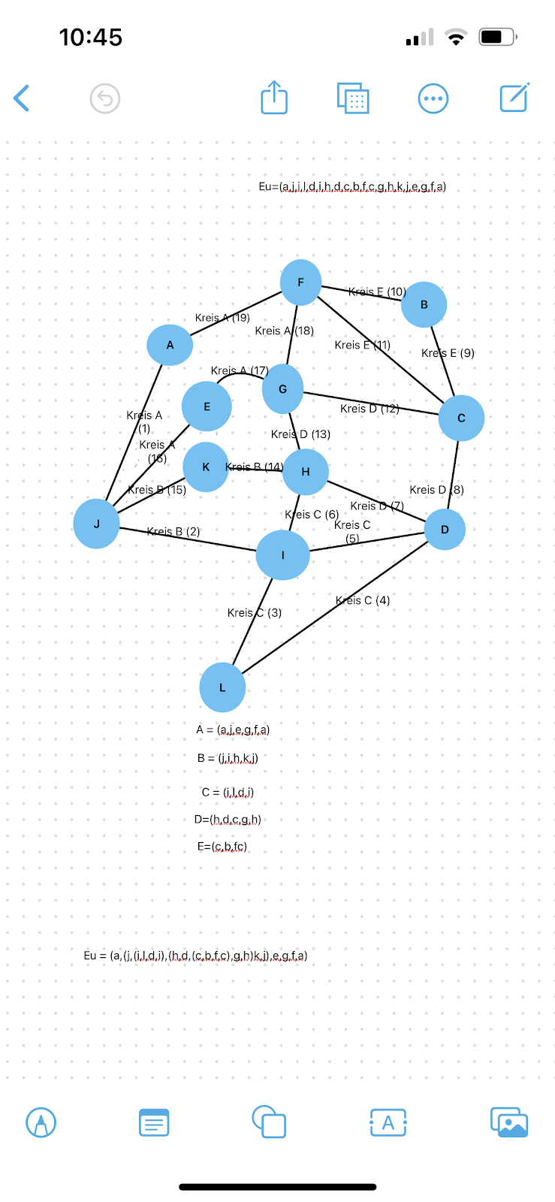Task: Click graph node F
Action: (x=300, y=282)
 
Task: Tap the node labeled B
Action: (x=424, y=305)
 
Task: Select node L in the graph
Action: (x=222, y=687)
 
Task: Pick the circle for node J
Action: (x=96, y=524)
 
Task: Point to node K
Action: (x=206, y=467)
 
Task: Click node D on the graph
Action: (x=445, y=530)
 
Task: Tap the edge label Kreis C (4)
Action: (x=363, y=600)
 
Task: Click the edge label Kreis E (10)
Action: (x=377, y=291)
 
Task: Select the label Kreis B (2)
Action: (x=173, y=532)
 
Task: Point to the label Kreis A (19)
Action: (x=222, y=318)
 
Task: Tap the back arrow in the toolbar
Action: (x=22, y=98)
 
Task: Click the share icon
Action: (x=274, y=98)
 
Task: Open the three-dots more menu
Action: (x=433, y=98)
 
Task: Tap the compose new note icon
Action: (x=514, y=98)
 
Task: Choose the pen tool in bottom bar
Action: (x=41, y=1123)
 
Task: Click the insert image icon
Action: (x=509, y=1123)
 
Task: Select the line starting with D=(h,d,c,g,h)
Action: (x=228, y=820)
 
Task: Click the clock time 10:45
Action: (x=91, y=37)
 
